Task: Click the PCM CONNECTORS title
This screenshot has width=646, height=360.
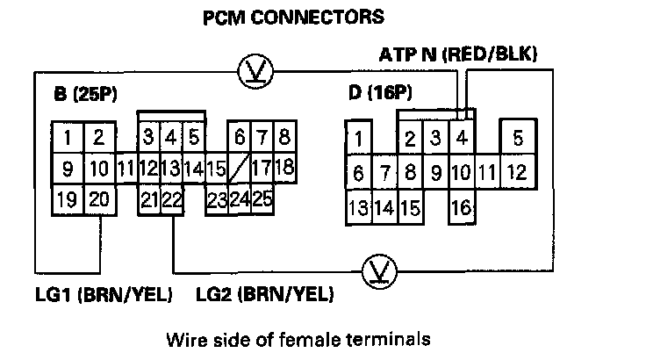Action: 281,17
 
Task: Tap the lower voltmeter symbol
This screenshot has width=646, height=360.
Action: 379,269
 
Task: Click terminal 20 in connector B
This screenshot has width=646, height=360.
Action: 98,198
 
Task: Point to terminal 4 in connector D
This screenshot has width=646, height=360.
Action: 461,138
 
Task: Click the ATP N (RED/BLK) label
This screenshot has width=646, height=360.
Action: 458,54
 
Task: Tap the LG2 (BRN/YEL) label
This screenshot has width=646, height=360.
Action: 264,294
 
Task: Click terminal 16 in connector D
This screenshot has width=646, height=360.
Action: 461,209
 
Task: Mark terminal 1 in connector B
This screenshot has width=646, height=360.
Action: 67,137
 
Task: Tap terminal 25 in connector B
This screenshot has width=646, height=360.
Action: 262,198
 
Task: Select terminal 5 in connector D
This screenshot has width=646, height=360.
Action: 518,138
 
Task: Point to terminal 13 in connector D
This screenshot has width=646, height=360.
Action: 357,209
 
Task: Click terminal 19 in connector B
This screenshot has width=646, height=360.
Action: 67,198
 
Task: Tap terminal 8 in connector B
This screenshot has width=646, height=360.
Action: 284,137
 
